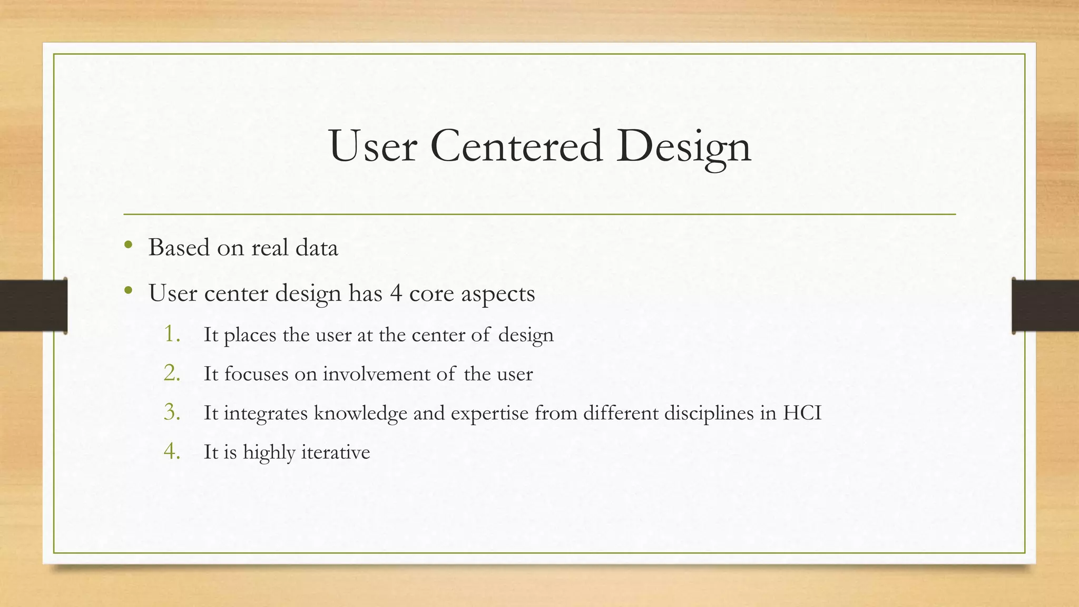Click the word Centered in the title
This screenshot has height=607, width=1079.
click(x=516, y=146)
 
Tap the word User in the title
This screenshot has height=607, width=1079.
click(x=373, y=146)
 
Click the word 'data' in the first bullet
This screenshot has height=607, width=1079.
click(x=316, y=248)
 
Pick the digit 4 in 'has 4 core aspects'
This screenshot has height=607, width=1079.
click(x=396, y=293)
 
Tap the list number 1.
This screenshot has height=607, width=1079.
click(x=172, y=334)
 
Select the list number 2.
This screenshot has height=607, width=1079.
click(x=172, y=373)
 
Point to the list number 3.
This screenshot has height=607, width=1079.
click(x=172, y=412)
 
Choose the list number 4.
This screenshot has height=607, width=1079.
click(x=172, y=451)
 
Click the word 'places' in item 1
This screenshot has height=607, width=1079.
click(x=250, y=336)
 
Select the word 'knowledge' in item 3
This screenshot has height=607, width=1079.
click(x=360, y=413)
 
